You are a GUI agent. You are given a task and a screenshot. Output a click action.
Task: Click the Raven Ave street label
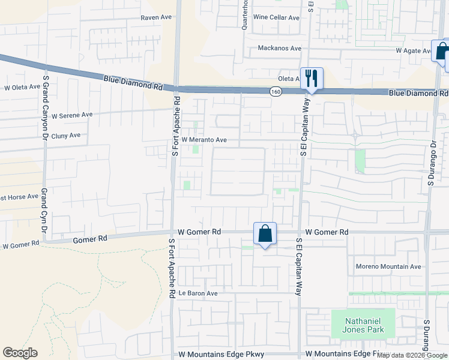click(x=156, y=17)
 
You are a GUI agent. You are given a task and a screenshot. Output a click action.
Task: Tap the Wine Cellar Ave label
click(x=276, y=17)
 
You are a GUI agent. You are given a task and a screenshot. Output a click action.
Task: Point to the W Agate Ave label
click(x=414, y=51)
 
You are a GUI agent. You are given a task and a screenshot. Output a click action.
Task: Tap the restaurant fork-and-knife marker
click(x=312, y=78)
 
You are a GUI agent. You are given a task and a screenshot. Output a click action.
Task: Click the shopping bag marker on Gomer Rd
click(x=265, y=234)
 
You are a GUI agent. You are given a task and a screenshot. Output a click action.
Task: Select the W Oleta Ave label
click(x=22, y=88)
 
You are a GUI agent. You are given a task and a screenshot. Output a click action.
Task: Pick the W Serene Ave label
click(x=72, y=115)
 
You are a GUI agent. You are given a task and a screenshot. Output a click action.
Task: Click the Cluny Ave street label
click(x=66, y=136)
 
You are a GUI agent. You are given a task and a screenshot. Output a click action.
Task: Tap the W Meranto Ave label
click(x=204, y=140)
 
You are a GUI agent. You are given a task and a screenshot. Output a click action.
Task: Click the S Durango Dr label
click(x=431, y=163)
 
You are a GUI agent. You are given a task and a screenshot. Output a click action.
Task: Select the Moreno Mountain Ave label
click(x=389, y=266)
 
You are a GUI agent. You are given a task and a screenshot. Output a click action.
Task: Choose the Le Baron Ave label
click(x=198, y=293)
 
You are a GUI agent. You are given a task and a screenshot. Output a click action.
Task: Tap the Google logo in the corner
click(x=20, y=353)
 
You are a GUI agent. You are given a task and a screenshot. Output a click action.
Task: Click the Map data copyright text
click(x=412, y=355)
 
